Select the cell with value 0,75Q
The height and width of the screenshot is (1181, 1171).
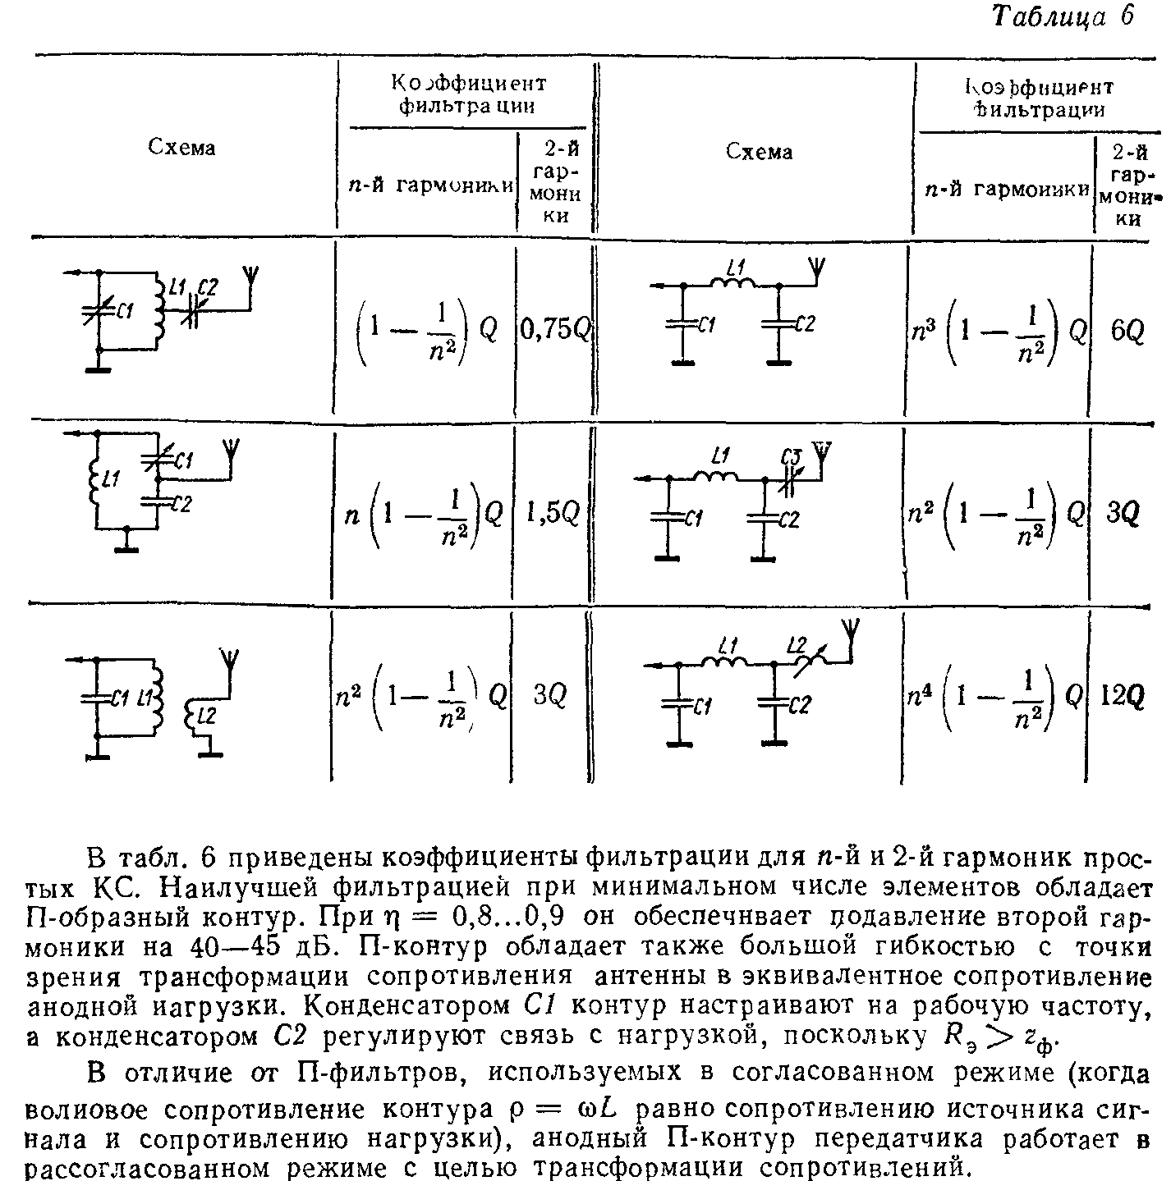(554, 330)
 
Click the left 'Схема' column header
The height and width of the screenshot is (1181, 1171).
(181, 148)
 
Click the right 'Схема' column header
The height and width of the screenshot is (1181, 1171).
(759, 152)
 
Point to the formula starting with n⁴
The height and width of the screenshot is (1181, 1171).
(994, 698)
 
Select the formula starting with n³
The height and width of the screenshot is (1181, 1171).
(996, 331)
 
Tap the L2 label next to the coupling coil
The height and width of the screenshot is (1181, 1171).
(206, 716)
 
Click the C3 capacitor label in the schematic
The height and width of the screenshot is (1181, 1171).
(792, 455)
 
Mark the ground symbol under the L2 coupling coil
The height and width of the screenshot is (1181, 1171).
(210, 751)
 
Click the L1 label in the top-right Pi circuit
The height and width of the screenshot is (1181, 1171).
(735, 267)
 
